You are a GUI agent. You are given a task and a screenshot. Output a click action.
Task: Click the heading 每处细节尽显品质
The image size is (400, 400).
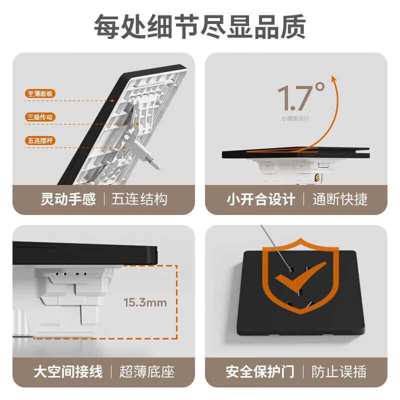click(200, 26)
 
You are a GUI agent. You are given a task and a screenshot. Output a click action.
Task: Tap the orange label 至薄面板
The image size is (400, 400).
click(40, 93)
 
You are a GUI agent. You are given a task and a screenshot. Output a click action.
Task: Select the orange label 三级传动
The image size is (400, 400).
click(40, 117)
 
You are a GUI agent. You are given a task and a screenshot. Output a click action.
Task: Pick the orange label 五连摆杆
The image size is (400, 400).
click(40, 141)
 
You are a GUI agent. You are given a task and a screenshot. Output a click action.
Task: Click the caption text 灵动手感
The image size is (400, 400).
click(68, 199)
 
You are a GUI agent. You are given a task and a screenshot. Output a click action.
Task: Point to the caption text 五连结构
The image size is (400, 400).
click(139, 199)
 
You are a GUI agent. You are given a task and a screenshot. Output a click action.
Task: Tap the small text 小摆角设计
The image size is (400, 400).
click(295, 118)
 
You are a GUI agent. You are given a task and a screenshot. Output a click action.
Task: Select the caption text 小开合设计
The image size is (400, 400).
click(260, 199)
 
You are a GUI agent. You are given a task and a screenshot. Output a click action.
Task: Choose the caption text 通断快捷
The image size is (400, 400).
click(340, 199)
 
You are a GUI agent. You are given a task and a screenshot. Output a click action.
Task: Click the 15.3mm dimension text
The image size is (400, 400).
click(145, 302)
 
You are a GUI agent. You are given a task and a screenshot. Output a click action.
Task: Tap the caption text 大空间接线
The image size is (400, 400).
click(68, 371)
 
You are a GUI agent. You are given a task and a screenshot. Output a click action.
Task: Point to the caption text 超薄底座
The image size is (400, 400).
click(146, 371)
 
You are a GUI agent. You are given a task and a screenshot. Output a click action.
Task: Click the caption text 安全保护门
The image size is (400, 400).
click(260, 371)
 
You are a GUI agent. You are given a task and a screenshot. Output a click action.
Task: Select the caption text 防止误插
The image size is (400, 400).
click(339, 371)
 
